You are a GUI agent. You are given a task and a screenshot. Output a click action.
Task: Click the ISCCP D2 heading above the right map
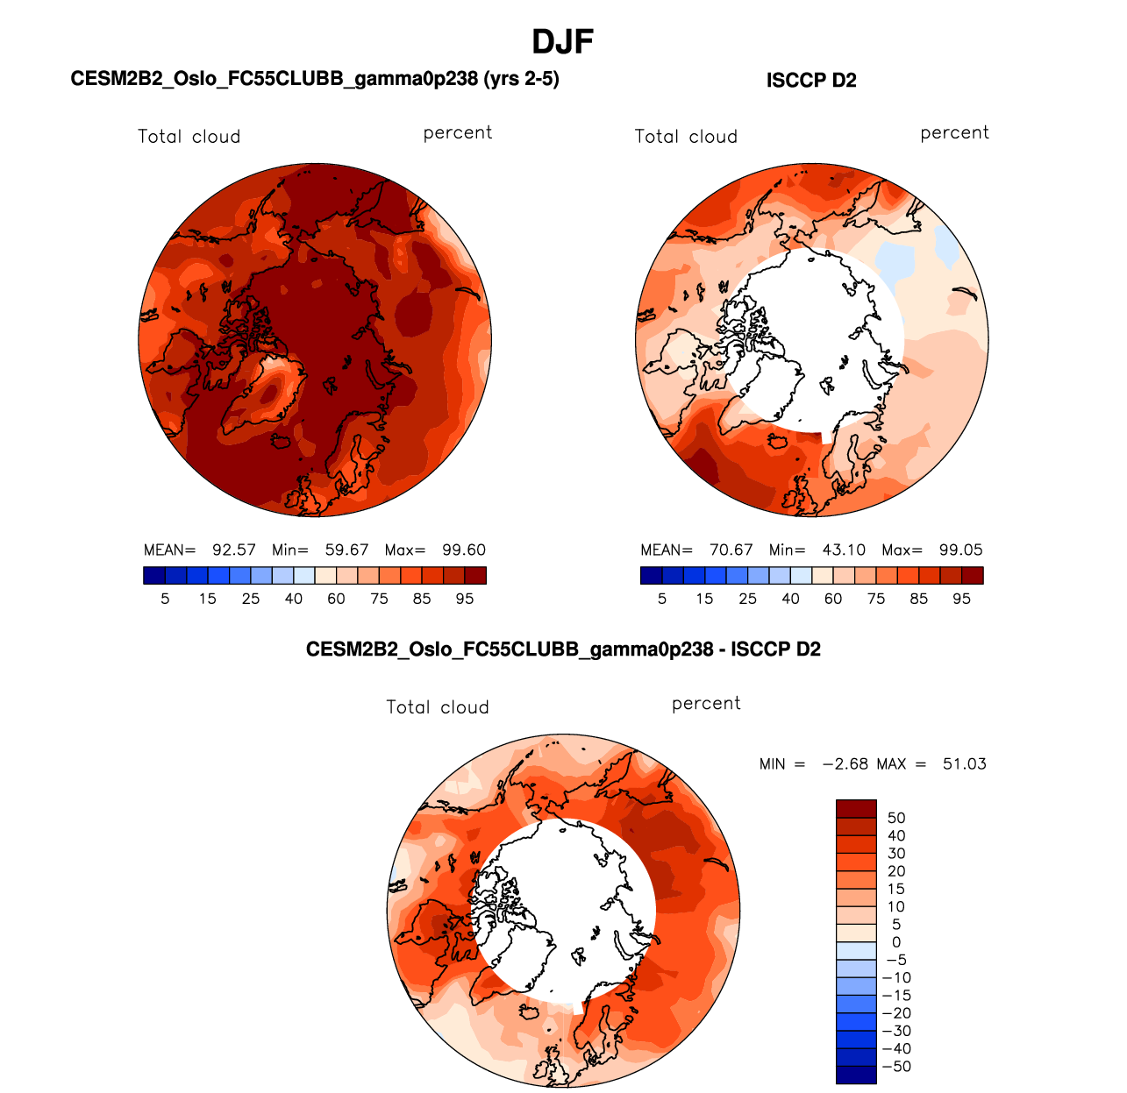click(811, 81)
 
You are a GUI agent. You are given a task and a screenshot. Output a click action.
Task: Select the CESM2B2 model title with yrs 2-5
click(315, 79)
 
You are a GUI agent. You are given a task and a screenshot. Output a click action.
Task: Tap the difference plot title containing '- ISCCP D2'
click(563, 649)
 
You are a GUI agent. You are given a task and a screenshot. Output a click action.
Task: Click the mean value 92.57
click(234, 550)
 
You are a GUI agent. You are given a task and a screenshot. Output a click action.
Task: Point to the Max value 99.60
click(464, 550)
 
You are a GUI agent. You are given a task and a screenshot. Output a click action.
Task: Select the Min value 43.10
click(844, 550)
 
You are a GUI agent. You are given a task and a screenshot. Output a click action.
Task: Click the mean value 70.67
click(731, 550)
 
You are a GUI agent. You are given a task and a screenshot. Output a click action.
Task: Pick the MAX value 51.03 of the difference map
click(964, 764)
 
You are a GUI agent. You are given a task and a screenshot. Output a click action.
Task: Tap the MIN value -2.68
click(844, 764)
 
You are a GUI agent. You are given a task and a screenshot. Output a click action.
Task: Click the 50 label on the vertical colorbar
click(896, 819)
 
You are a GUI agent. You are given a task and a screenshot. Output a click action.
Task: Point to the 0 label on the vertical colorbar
click(896, 942)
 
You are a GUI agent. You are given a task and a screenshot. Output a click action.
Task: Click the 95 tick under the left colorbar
click(465, 599)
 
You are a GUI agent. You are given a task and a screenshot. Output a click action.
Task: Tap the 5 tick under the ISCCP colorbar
click(662, 599)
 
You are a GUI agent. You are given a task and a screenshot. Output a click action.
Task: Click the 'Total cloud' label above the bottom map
click(438, 707)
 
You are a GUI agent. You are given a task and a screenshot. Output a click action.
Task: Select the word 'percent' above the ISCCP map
click(954, 133)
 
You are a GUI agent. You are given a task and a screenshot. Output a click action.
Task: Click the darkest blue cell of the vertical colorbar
click(856, 1075)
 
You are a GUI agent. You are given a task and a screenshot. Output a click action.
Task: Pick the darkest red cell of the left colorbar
click(475, 575)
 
